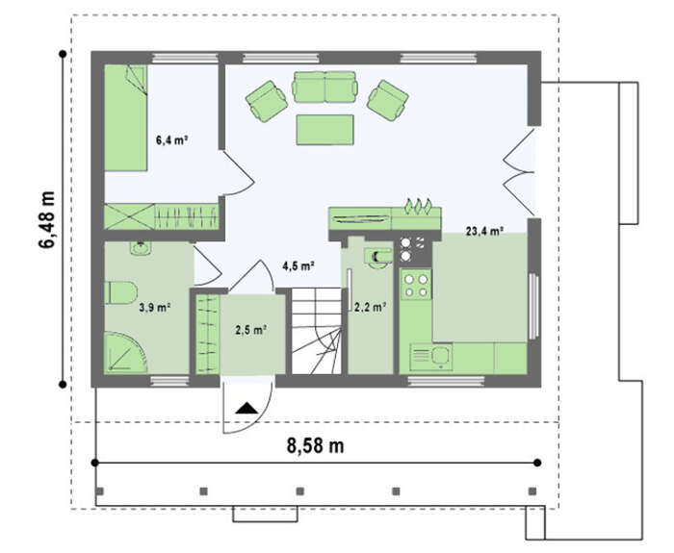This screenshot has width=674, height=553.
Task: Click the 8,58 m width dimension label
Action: point(315,445)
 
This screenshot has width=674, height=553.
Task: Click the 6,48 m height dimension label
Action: point(47,219)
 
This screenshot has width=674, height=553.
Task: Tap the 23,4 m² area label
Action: point(484,231)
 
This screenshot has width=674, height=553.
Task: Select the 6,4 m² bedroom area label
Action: point(172,140)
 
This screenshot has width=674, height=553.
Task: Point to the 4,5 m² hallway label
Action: point(298,266)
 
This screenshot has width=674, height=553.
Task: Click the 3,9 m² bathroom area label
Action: point(155,308)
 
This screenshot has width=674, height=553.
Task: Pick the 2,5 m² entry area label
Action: point(251,330)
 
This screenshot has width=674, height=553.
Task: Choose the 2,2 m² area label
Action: point(370,307)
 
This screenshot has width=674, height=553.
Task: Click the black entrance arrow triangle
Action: point(246,409)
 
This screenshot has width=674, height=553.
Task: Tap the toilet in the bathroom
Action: point(120,292)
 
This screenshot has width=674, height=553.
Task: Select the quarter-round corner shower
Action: point(124,352)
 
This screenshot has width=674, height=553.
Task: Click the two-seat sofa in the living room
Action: point(325,87)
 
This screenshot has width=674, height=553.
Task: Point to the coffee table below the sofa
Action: point(325,130)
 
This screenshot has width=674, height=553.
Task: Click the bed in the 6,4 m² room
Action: point(126,117)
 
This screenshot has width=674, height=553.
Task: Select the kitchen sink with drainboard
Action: point(431,357)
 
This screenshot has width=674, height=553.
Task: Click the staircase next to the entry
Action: point(317,332)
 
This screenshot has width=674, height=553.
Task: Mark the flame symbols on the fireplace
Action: point(418,206)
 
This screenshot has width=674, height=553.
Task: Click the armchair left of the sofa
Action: point(267,101)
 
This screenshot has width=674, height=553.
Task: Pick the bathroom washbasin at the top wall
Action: point(141,249)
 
